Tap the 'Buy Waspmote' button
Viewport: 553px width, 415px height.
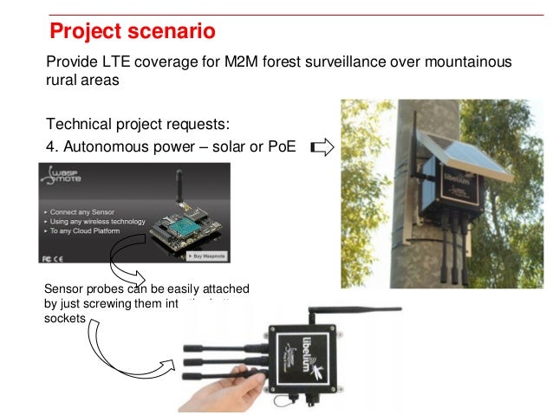(229, 258)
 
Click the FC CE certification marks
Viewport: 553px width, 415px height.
(52, 258)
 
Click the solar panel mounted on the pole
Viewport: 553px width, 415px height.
(465, 158)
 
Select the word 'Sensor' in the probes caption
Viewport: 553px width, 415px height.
(62, 289)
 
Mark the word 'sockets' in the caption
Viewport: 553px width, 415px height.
(61, 318)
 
